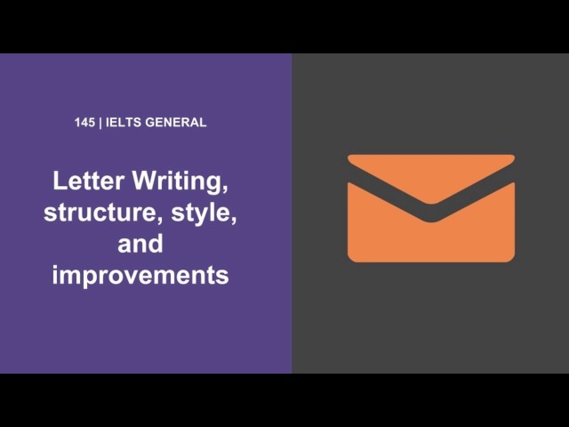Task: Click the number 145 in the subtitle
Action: [x=84, y=123]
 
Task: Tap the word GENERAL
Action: [x=176, y=123]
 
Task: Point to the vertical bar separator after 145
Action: [x=100, y=123]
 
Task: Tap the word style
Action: [x=201, y=213]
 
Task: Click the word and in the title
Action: [x=140, y=244]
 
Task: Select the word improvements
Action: [x=140, y=276]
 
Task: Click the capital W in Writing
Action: [x=146, y=181]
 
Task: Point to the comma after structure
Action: [x=159, y=222]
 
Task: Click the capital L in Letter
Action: [x=60, y=181]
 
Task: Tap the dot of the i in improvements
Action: [x=55, y=267]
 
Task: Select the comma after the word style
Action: [x=233, y=222]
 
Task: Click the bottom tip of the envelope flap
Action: [x=431, y=204]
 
